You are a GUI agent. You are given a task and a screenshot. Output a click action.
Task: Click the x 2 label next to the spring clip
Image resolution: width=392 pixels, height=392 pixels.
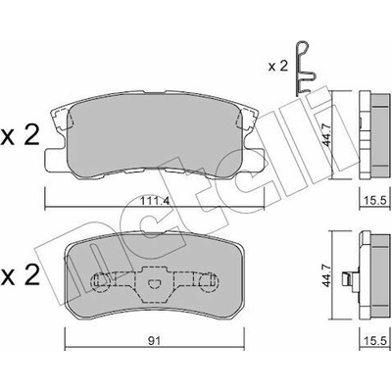277,67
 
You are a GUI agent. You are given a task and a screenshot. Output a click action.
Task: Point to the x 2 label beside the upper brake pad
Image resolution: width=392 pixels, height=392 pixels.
21,135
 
